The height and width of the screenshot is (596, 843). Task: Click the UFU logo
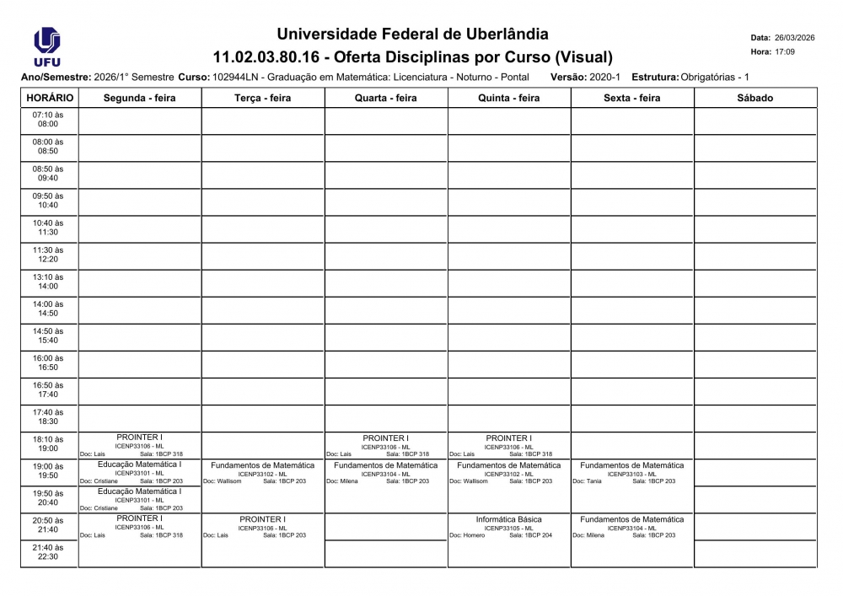pos(46,46)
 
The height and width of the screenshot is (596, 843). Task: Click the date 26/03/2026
pos(794,38)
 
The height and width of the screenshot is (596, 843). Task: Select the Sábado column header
pos(754,98)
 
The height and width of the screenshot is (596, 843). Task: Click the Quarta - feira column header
pos(385,98)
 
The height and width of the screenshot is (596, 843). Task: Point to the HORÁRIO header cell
pos(49,98)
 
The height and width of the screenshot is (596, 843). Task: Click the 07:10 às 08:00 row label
pos(48,119)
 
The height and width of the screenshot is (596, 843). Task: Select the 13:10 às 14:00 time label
pos(48,282)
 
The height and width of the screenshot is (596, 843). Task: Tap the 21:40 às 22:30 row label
pos(48,552)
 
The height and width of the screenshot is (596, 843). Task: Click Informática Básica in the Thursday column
pos(508,519)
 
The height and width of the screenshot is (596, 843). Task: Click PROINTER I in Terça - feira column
pos(262,519)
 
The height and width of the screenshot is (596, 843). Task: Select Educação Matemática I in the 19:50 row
pos(139,491)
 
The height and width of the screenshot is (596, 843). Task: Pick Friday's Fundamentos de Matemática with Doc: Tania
pos(631,465)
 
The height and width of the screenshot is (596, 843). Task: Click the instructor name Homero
pos(474,535)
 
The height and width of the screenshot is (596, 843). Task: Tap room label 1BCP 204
pos(536,535)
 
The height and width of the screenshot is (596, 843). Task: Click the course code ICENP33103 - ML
pos(631,474)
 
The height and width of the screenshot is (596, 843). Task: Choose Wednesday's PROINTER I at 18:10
pos(385,438)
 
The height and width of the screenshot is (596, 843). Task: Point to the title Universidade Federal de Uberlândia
pos(412,35)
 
